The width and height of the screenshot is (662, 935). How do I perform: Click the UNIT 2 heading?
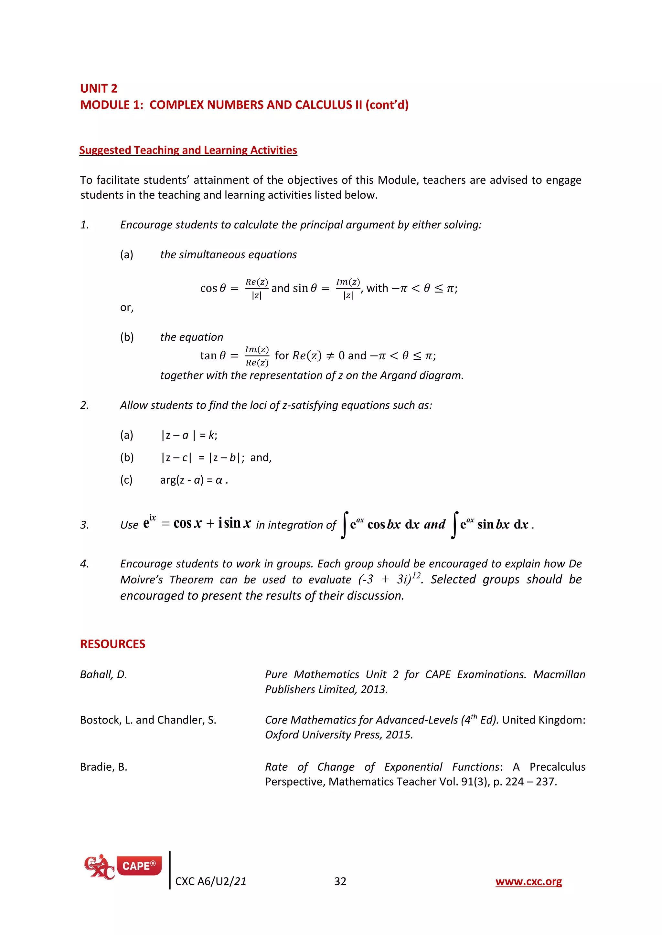[99, 88]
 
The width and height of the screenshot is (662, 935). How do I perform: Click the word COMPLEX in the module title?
[176, 105]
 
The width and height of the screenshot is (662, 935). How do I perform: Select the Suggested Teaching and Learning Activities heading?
[188, 150]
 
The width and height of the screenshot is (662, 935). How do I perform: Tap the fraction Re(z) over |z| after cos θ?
[256, 288]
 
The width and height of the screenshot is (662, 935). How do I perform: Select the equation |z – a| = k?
[189, 435]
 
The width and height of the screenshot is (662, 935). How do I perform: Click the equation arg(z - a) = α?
[194, 480]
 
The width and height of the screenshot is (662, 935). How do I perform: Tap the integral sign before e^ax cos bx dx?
[345, 525]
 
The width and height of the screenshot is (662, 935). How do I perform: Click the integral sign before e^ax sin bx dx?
[454, 525]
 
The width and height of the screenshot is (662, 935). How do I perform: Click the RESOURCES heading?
[112, 644]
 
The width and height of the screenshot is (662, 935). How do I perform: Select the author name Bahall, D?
[103, 675]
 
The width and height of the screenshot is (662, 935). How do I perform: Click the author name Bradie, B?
[103, 767]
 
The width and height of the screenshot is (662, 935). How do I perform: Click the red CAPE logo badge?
[139, 866]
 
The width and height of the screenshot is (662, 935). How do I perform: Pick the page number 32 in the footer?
[340, 882]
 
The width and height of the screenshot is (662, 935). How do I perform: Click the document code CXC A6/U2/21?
[210, 882]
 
